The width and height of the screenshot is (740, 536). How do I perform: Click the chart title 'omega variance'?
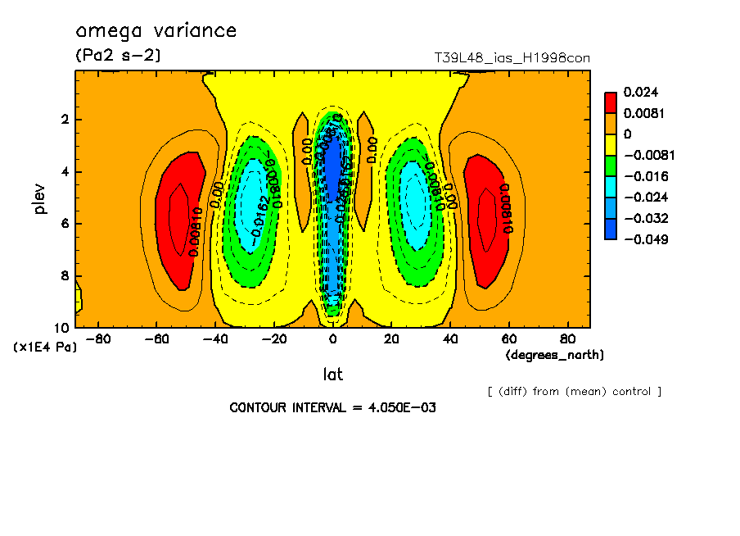click(156, 31)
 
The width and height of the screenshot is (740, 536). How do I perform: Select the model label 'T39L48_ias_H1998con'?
click(512, 58)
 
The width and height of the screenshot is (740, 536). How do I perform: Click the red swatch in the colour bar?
click(611, 102)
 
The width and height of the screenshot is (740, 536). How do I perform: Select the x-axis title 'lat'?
click(332, 375)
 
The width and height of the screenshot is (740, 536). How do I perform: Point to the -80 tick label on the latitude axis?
click(98, 338)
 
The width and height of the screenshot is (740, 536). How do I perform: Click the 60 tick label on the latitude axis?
click(509, 338)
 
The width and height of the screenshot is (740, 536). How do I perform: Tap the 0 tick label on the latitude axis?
click(333, 338)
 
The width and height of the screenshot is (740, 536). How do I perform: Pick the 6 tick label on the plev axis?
click(66, 224)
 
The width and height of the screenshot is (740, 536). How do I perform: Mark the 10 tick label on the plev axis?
click(63, 328)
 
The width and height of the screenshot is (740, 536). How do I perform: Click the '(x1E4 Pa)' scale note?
click(46, 347)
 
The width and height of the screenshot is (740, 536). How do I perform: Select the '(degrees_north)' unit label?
click(555, 354)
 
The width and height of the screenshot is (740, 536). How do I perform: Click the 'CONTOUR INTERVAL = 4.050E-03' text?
click(332, 407)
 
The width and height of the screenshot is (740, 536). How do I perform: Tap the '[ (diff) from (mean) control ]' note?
click(574, 391)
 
